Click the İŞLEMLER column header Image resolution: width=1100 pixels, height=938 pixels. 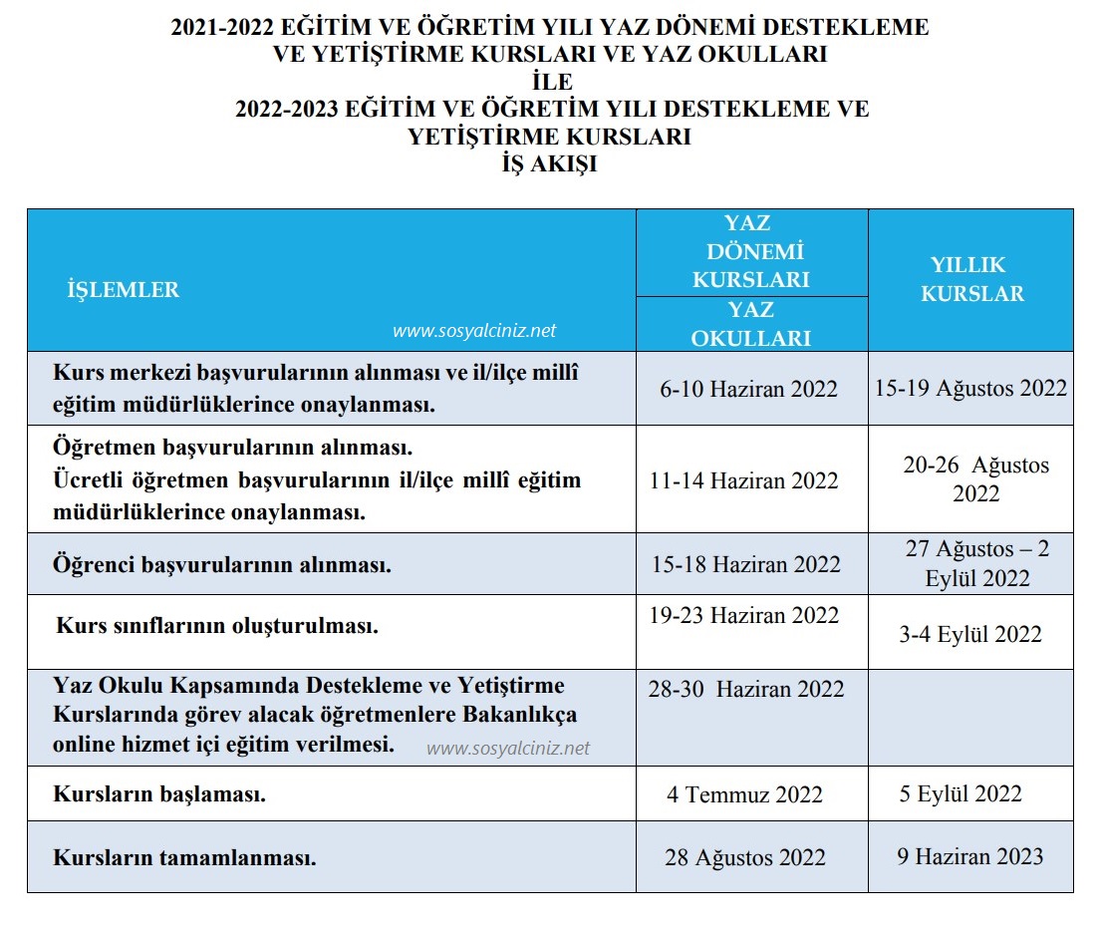click(x=123, y=290)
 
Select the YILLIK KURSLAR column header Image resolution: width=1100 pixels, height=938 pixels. click(x=970, y=279)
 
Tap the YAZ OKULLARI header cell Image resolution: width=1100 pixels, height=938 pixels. click(x=751, y=324)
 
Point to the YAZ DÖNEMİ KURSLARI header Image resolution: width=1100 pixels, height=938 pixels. click(x=751, y=251)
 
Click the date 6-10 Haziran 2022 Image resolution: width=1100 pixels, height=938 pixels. click(x=748, y=389)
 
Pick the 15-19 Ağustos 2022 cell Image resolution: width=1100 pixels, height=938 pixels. click(x=970, y=388)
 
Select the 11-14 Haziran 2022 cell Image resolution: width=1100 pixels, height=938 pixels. click(x=743, y=480)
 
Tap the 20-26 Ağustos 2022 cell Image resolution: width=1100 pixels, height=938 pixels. click(x=975, y=478)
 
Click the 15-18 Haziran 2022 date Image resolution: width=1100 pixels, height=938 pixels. click(x=746, y=564)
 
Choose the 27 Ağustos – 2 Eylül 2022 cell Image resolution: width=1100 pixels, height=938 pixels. click(x=976, y=563)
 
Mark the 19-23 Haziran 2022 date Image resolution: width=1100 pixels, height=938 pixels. click(x=744, y=615)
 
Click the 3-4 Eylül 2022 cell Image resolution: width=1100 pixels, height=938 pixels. click(x=970, y=634)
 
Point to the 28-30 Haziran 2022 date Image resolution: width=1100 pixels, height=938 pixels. click(x=746, y=689)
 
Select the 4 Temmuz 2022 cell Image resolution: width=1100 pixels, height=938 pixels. click(x=745, y=794)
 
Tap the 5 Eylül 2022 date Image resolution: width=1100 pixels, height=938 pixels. click(x=960, y=793)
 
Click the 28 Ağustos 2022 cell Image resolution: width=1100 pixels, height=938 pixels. click(x=745, y=857)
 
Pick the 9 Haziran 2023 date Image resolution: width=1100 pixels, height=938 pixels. click(x=969, y=856)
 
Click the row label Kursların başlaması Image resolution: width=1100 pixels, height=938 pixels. click(x=159, y=795)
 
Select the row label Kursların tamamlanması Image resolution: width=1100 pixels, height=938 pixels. click(x=184, y=857)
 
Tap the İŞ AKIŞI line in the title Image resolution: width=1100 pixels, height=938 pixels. click(x=549, y=164)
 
